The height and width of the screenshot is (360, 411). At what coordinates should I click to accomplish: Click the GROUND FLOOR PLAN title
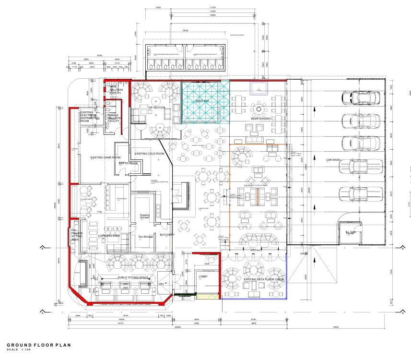click(38, 345)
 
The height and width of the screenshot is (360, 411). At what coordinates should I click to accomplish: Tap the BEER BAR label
click(202, 101)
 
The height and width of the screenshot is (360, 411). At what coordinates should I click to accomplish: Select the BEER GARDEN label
click(260, 118)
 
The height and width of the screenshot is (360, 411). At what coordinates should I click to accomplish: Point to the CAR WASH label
click(333, 160)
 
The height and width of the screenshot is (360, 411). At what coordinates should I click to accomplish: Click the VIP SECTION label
click(156, 108)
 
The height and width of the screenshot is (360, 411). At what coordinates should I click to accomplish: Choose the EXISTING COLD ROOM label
click(149, 154)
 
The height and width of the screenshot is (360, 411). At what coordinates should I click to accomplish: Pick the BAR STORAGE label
click(128, 163)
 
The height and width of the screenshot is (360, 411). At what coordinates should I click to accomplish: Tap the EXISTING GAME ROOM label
click(105, 157)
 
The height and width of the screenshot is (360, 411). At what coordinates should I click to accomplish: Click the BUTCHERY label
click(167, 235)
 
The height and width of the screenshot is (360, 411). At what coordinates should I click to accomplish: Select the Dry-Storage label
click(145, 237)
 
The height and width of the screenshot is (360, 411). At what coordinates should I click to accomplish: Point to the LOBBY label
click(202, 277)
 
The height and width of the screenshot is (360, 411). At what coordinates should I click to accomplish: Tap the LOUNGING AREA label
click(108, 236)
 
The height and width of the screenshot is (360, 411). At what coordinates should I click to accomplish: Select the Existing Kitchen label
click(145, 216)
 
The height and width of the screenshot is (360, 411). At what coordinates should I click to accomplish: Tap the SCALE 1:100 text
click(19, 349)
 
